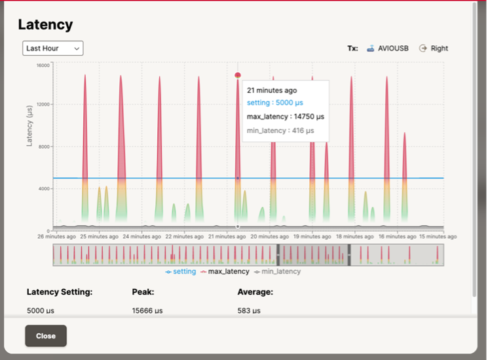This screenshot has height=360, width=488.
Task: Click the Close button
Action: tap(46, 336)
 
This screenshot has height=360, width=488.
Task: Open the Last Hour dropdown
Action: tap(52, 48)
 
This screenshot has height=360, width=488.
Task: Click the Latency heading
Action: tap(45, 25)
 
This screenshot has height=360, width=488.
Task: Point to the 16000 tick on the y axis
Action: tap(43, 65)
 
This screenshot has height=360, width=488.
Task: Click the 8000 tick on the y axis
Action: tap(45, 147)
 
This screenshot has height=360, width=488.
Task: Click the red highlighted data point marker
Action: tap(238, 75)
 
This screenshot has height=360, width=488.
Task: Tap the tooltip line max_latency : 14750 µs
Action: tap(285, 117)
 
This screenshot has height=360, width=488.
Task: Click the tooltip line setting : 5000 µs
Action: tap(274, 103)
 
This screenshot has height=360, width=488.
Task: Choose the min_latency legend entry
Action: tap(277, 271)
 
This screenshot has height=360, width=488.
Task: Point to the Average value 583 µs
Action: tap(249, 311)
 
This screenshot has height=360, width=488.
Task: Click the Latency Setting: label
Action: tap(60, 292)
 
